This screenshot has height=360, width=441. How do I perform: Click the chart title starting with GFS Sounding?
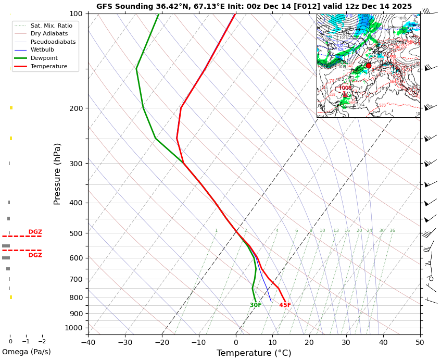coord(254,7)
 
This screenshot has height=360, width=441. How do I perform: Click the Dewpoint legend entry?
coord(44,58)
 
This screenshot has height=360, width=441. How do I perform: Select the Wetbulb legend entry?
coord(42,50)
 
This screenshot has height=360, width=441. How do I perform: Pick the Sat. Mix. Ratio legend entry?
coord(51,26)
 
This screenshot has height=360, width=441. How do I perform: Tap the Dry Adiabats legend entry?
coord(49,34)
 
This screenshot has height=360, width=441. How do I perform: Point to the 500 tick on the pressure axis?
coord(76,233)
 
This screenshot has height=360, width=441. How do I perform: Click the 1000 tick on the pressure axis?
coord(74,328)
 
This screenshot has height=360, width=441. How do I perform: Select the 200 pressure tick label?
coord(76,108)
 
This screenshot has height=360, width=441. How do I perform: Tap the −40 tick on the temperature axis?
coord(88,342)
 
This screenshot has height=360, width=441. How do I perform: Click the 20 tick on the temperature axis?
coord(309,342)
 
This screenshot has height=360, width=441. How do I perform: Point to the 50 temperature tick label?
coord(420,342)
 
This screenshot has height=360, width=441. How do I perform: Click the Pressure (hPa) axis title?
coord(58,173)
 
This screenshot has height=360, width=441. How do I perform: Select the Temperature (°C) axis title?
coord(254,353)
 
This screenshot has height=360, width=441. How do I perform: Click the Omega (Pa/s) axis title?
coord(27,352)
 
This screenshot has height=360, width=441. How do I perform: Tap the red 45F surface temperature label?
coord(285,305)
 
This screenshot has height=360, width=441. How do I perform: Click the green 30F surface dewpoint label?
coord(256,305)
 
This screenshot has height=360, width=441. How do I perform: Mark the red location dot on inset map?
coord(369,66)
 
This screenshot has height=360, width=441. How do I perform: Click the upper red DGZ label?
coord(35,232)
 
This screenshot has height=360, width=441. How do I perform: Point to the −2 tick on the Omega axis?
coord(42,342)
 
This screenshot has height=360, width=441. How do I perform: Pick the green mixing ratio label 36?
coord(392,231)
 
